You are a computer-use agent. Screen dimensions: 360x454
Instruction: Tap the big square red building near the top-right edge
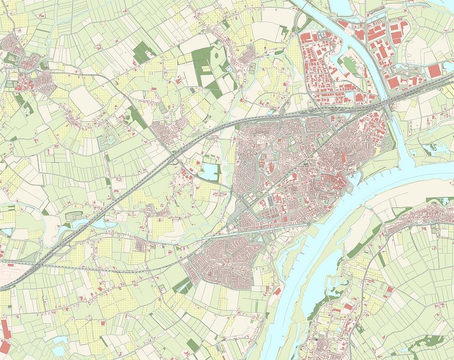[434, 71]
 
